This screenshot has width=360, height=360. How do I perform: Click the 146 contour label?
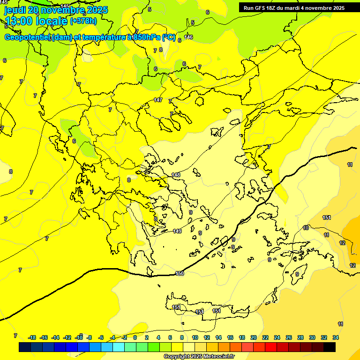coord(188,37)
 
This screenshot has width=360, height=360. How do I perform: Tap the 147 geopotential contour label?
coord(158,100)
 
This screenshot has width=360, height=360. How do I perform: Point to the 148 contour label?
coord(176,175)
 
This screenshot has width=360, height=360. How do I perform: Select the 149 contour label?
coord(177,231)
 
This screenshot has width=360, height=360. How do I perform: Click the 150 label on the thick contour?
coord(179,273)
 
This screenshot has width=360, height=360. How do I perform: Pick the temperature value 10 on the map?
coord(306,228)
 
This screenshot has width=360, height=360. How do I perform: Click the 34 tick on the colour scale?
coord(336,337)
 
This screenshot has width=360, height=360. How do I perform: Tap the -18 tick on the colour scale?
coord(32,337)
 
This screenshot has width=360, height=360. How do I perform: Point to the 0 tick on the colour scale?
coord(135,337)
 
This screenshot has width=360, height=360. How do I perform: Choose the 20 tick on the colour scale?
coord(254,337)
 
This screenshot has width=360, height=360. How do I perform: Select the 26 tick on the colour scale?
coord(289,337)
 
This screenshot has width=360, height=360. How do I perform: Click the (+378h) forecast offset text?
coord(83,21)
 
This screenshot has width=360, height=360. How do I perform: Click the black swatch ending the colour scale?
coord(330,347)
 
